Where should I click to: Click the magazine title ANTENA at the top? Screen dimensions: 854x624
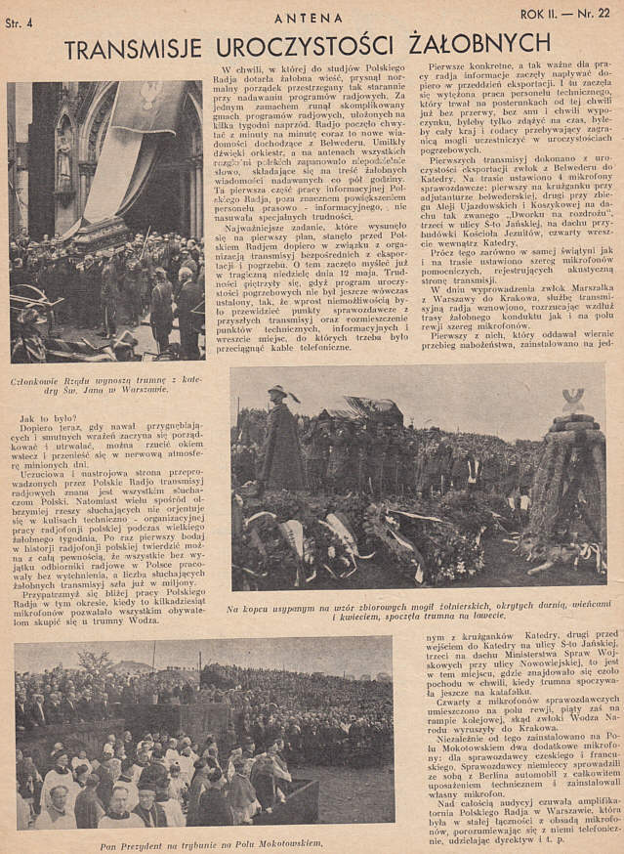309,18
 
